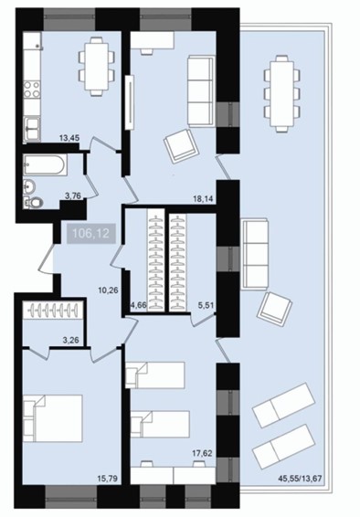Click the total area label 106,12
[x=91, y=234]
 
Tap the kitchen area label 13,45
[x=69, y=138]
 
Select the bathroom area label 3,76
[x=73, y=195]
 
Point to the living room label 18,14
[x=204, y=199]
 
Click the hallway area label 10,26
[x=108, y=290]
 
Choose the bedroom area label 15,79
[x=108, y=477]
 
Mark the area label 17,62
[x=202, y=454]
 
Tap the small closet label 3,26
[x=71, y=340]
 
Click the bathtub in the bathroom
[x=46, y=164]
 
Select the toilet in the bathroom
[x=34, y=202]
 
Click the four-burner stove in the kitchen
[x=32, y=90]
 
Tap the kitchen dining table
[x=97, y=67]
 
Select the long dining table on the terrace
[x=282, y=94]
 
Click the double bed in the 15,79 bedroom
[x=53, y=418]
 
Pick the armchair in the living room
[x=180, y=146]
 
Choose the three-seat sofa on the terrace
[x=255, y=255]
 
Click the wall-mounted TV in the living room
[x=131, y=102]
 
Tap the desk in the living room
[x=153, y=43]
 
